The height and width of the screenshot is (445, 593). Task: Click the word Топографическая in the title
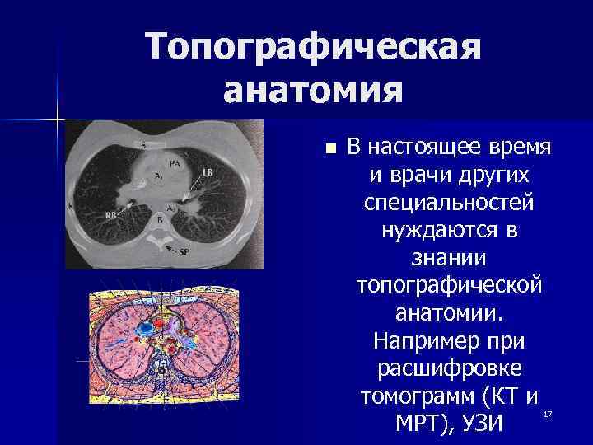point(314,49)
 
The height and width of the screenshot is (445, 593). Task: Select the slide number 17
point(544,411)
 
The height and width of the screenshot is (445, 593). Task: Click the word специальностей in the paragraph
point(449,203)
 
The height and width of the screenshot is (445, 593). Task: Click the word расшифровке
point(449,368)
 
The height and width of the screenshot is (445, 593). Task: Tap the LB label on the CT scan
point(208,171)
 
